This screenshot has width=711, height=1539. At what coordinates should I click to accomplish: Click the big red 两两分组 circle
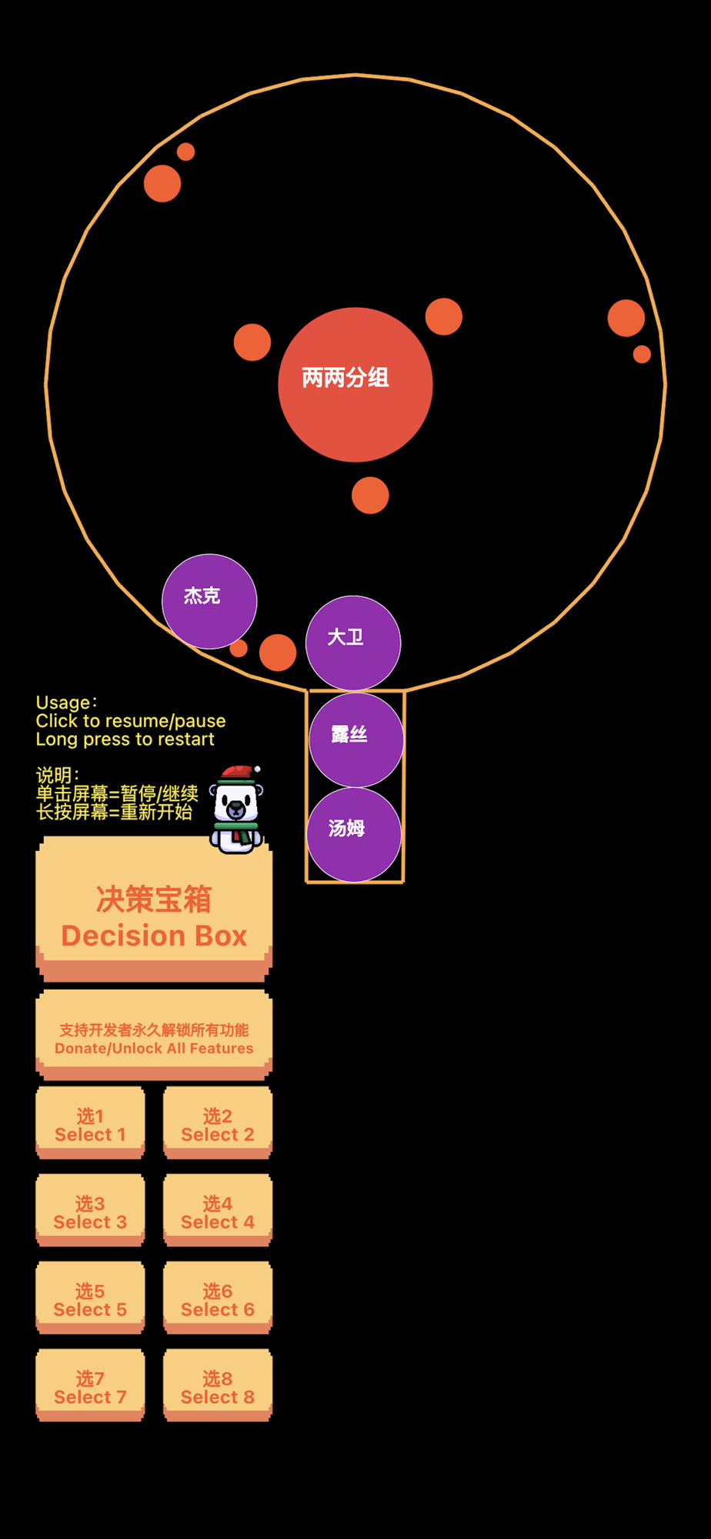pos(355,385)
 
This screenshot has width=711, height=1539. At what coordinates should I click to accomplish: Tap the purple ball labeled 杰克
pos(209,601)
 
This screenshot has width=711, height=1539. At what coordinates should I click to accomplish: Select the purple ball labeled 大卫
pos(353,643)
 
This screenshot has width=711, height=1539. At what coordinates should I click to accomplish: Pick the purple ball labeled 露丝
pos(356,739)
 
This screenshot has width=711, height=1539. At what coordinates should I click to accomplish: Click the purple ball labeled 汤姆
pos(354,834)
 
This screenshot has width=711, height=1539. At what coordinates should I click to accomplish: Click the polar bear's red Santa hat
pos(239,773)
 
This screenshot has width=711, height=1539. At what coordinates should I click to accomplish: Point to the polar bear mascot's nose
pos(235,809)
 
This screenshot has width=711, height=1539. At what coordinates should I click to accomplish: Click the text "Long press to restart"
pos(125,739)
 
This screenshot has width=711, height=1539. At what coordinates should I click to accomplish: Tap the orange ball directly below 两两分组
pos(370,495)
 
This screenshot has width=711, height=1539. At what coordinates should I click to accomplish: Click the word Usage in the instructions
pos(64,703)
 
